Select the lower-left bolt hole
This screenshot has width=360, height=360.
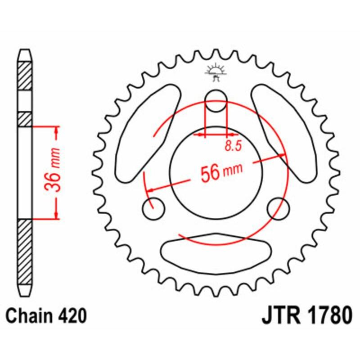point(153,208)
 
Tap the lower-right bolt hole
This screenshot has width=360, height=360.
point(278,208)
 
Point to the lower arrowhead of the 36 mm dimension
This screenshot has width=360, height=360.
point(56,214)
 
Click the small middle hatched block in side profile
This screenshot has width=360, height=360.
point(25,119)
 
